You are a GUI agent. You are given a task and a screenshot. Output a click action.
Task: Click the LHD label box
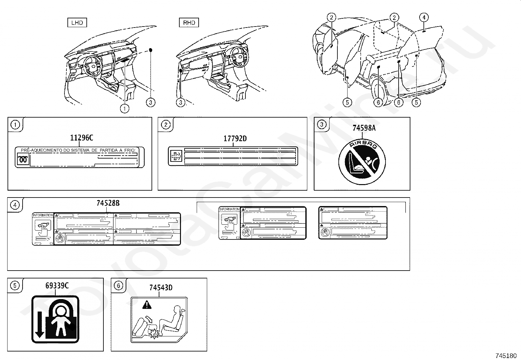click(x=77, y=23)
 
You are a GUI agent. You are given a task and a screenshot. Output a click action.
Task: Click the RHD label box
click(x=189, y=23)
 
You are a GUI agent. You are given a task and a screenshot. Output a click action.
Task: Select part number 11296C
click(x=81, y=138)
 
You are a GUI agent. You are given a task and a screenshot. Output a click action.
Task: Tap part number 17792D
click(x=235, y=139)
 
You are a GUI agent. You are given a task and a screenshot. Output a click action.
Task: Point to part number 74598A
click(x=364, y=128)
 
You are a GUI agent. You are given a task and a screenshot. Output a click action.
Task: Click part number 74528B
click(x=108, y=203)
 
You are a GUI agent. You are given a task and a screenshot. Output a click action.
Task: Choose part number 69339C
click(x=57, y=286)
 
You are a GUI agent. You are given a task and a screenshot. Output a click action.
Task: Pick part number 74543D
click(x=161, y=288)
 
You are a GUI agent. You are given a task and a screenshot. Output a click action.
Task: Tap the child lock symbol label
click(x=55, y=319)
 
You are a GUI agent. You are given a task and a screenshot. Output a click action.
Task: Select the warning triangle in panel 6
click(x=147, y=306)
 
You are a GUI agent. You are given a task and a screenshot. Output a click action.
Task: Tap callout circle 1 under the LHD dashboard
click(x=124, y=108)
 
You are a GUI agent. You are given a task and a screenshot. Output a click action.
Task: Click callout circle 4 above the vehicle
click(x=424, y=17)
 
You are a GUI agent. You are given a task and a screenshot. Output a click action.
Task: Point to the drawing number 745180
click(x=506, y=356)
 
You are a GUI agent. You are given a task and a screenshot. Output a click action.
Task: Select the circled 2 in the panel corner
click(x=166, y=125)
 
